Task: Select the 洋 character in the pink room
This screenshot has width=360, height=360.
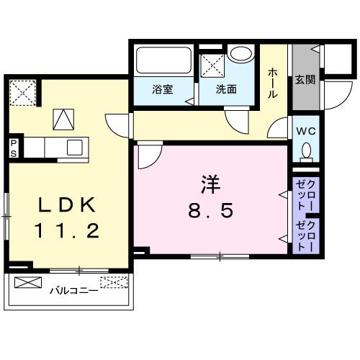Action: point(210,184)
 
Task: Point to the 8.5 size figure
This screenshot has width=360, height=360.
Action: point(210,212)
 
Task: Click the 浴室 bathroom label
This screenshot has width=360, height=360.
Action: point(161,90)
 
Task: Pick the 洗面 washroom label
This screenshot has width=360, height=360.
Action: point(227,90)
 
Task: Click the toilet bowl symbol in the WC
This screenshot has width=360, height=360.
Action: point(307,152)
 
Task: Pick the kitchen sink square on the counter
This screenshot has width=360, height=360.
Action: point(76,147)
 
